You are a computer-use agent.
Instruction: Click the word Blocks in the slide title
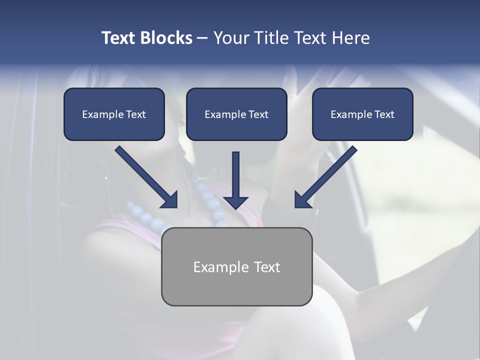click(165, 38)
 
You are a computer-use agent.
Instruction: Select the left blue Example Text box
click(114, 114)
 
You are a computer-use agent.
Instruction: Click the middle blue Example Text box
click(236, 114)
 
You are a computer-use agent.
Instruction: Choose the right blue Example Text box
click(362, 114)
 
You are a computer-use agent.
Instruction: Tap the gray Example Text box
click(236, 266)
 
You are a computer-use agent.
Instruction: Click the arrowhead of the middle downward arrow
click(236, 201)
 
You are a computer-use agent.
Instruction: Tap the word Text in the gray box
click(266, 267)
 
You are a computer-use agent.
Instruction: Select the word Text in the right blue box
click(384, 114)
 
